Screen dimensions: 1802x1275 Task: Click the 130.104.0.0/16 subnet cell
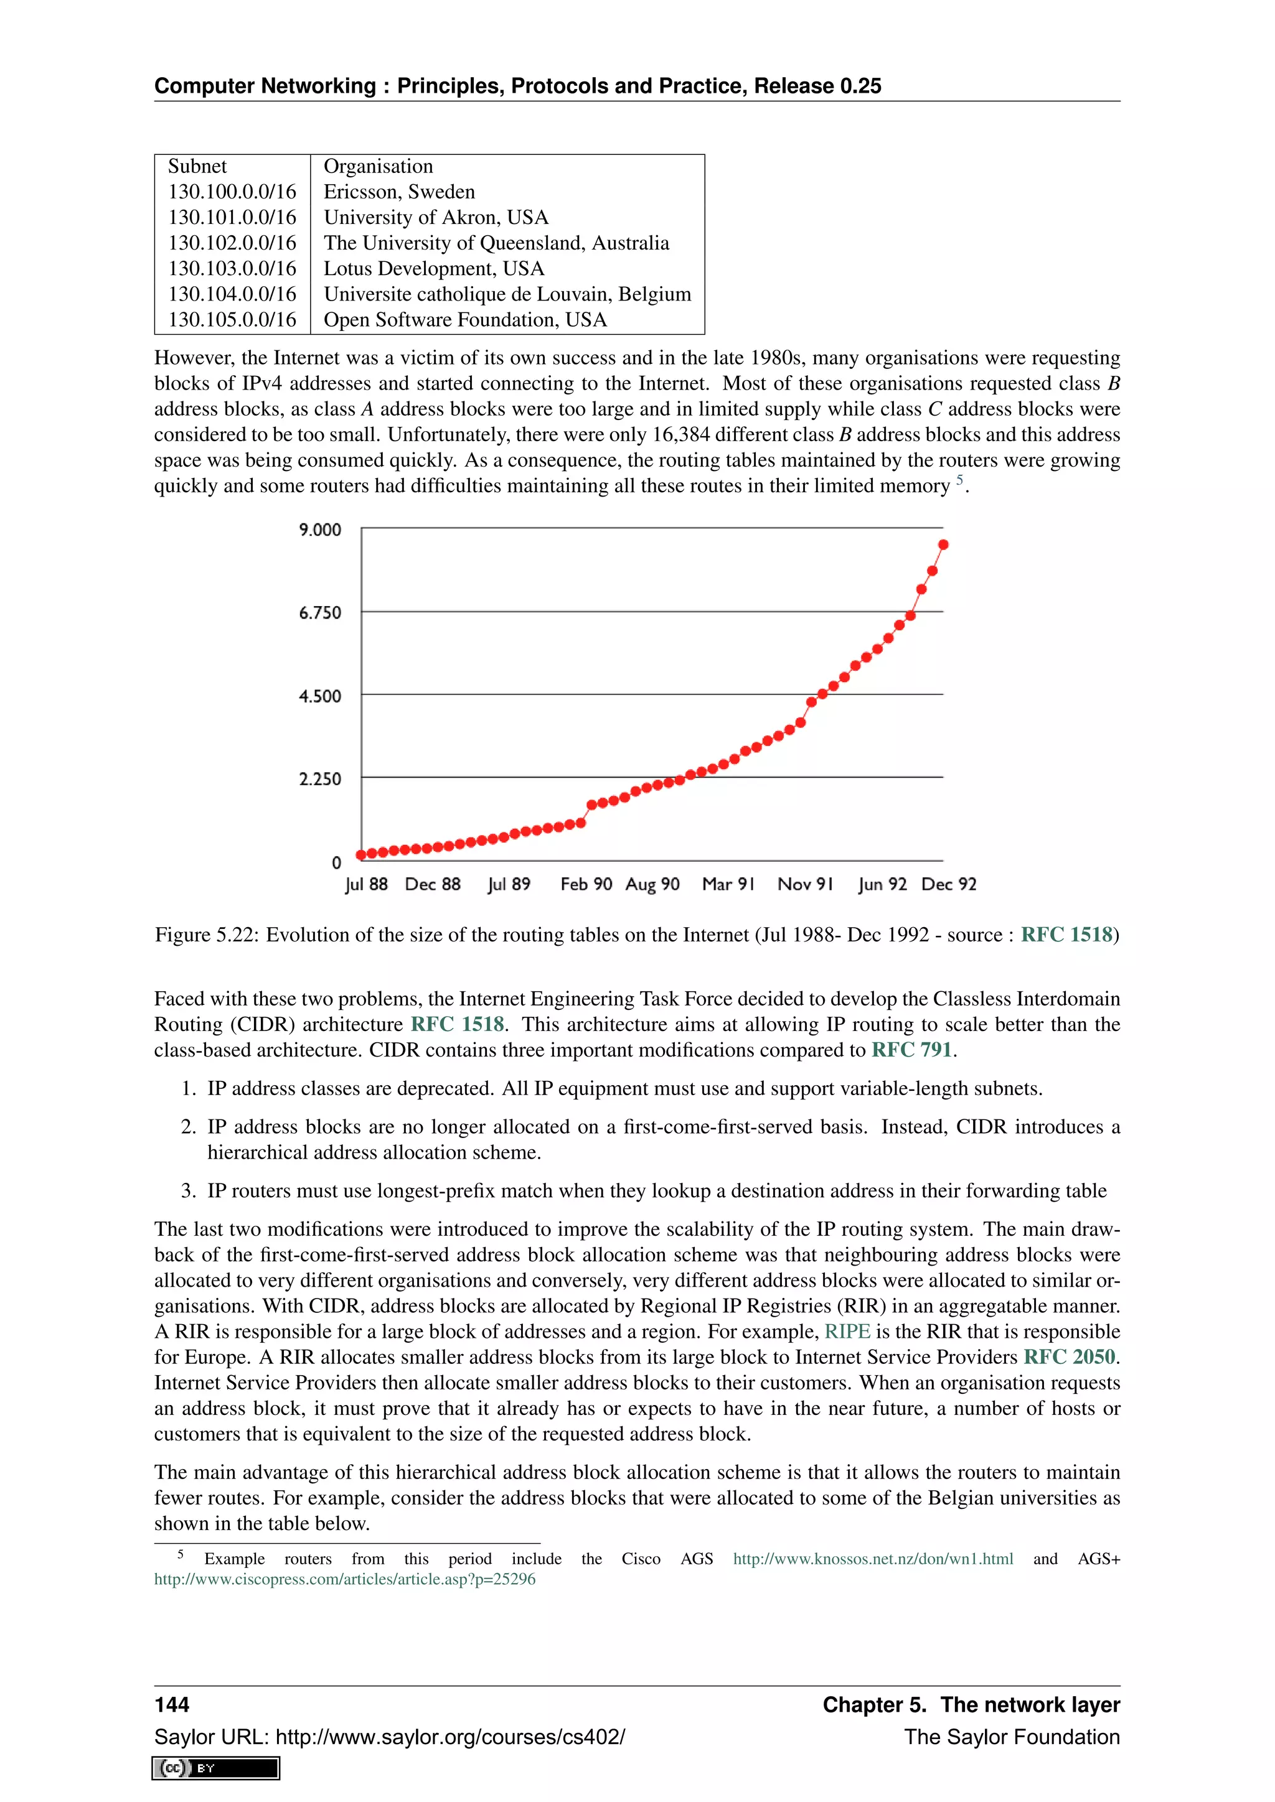232,294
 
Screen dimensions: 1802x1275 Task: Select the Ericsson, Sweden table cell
399,192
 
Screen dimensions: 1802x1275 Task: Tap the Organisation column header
378,166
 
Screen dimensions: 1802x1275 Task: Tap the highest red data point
943,544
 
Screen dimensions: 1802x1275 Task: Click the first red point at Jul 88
361,855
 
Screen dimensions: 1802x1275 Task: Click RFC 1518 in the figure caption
1066,935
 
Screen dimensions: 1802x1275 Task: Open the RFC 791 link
911,1050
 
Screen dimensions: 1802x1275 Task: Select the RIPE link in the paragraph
847,1332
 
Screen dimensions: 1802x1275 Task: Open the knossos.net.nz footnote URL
873,1559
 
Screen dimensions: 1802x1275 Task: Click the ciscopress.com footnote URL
345,1579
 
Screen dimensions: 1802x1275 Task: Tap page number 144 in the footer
172,1705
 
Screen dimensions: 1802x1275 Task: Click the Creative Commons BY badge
216,1768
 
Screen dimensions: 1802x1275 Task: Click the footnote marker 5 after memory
959,480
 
